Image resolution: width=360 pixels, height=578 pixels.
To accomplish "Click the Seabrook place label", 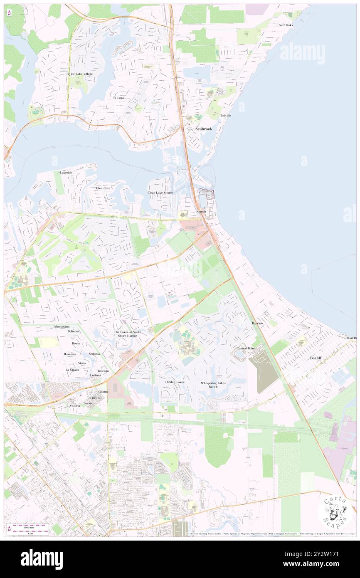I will [x=204, y=129].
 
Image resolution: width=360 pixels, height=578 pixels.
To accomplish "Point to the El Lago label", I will [x=118, y=98].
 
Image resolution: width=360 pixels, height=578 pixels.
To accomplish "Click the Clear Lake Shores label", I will [x=160, y=193].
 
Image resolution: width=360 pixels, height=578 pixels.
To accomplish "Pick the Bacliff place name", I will [x=316, y=358].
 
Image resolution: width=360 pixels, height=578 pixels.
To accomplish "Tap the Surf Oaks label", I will [x=286, y=25].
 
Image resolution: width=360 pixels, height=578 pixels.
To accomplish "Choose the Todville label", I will [x=225, y=115].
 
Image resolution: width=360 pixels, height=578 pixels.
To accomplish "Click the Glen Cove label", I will [x=103, y=188].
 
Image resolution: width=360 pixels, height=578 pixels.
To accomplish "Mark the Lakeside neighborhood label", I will [x=66, y=172].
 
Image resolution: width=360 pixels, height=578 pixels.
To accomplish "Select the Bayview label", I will [x=257, y=323].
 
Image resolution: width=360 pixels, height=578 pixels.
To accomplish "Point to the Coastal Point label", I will [x=245, y=348].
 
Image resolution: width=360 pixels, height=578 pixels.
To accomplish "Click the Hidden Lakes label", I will [x=175, y=382].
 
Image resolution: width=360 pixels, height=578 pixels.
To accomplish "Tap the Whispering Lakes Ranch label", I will [x=213, y=385].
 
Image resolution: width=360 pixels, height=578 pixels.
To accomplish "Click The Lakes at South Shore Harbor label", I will [x=128, y=333].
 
